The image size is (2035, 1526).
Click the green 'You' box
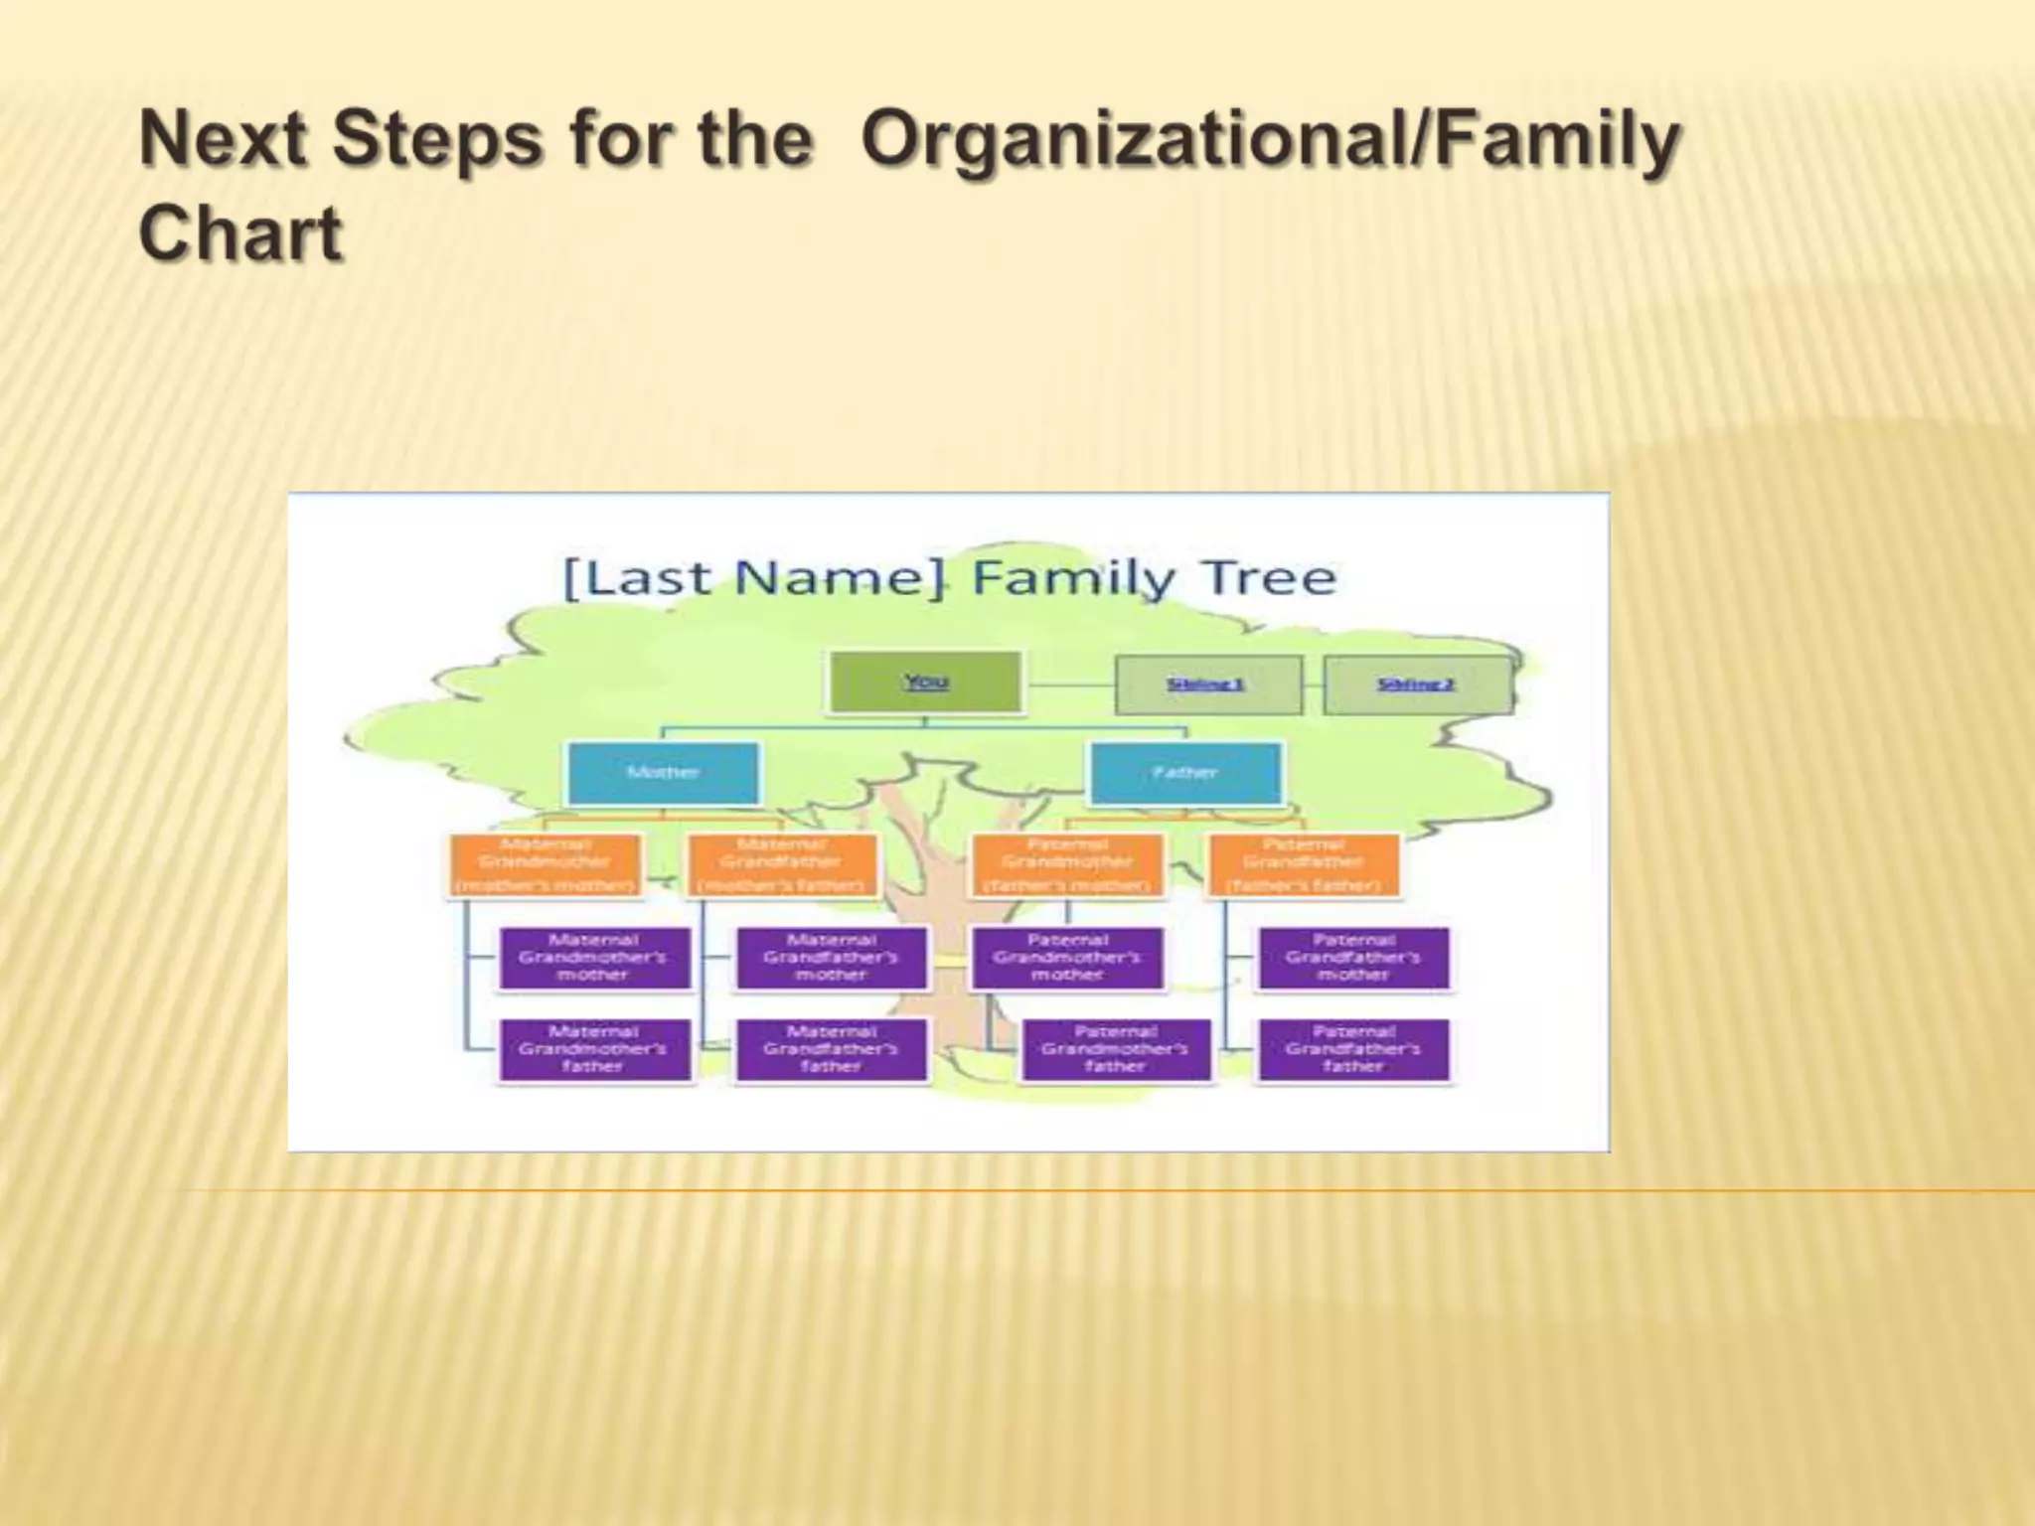(x=925, y=682)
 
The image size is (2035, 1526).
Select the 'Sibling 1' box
(x=1207, y=685)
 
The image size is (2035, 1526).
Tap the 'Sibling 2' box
(x=1417, y=685)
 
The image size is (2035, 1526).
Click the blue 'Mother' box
(x=663, y=773)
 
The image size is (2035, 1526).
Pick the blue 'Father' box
(x=1185, y=773)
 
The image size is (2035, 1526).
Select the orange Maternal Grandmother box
(x=545, y=864)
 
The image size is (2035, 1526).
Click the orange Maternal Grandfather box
(x=782, y=864)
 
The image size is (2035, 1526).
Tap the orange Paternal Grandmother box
(x=1067, y=864)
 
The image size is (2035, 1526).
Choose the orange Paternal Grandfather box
(x=1304, y=864)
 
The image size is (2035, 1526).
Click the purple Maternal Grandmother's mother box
(x=594, y=958)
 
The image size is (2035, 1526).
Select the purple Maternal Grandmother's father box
(x=594, y=1049)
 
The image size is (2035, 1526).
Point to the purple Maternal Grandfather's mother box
(x=832, y=958)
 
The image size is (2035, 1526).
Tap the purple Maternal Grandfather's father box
(x=832, y=1049)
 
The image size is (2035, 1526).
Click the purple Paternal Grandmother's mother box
(x=1067, y=958)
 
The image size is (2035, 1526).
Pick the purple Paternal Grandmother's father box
(x=1116, y=1049)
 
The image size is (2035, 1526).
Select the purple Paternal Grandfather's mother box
(x=1353, y=958)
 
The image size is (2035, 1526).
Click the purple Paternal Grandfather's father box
(x=1353, y=1049)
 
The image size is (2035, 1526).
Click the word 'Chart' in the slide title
(x=241, y=234)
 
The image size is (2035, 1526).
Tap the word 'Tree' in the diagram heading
(x=1269, y=578)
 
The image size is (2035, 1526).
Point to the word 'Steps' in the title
(x=438, y=139)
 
